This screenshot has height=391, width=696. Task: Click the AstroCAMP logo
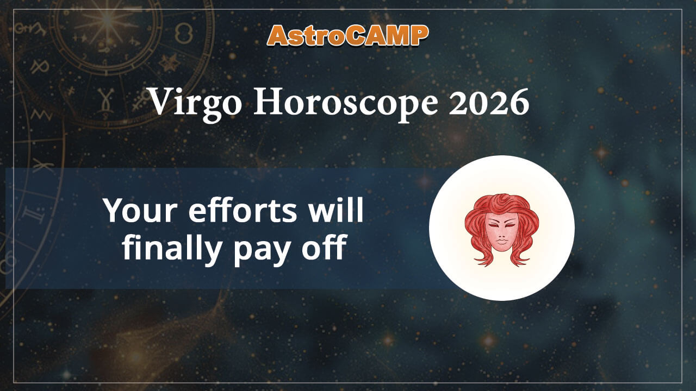click(x=348, y=35)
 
